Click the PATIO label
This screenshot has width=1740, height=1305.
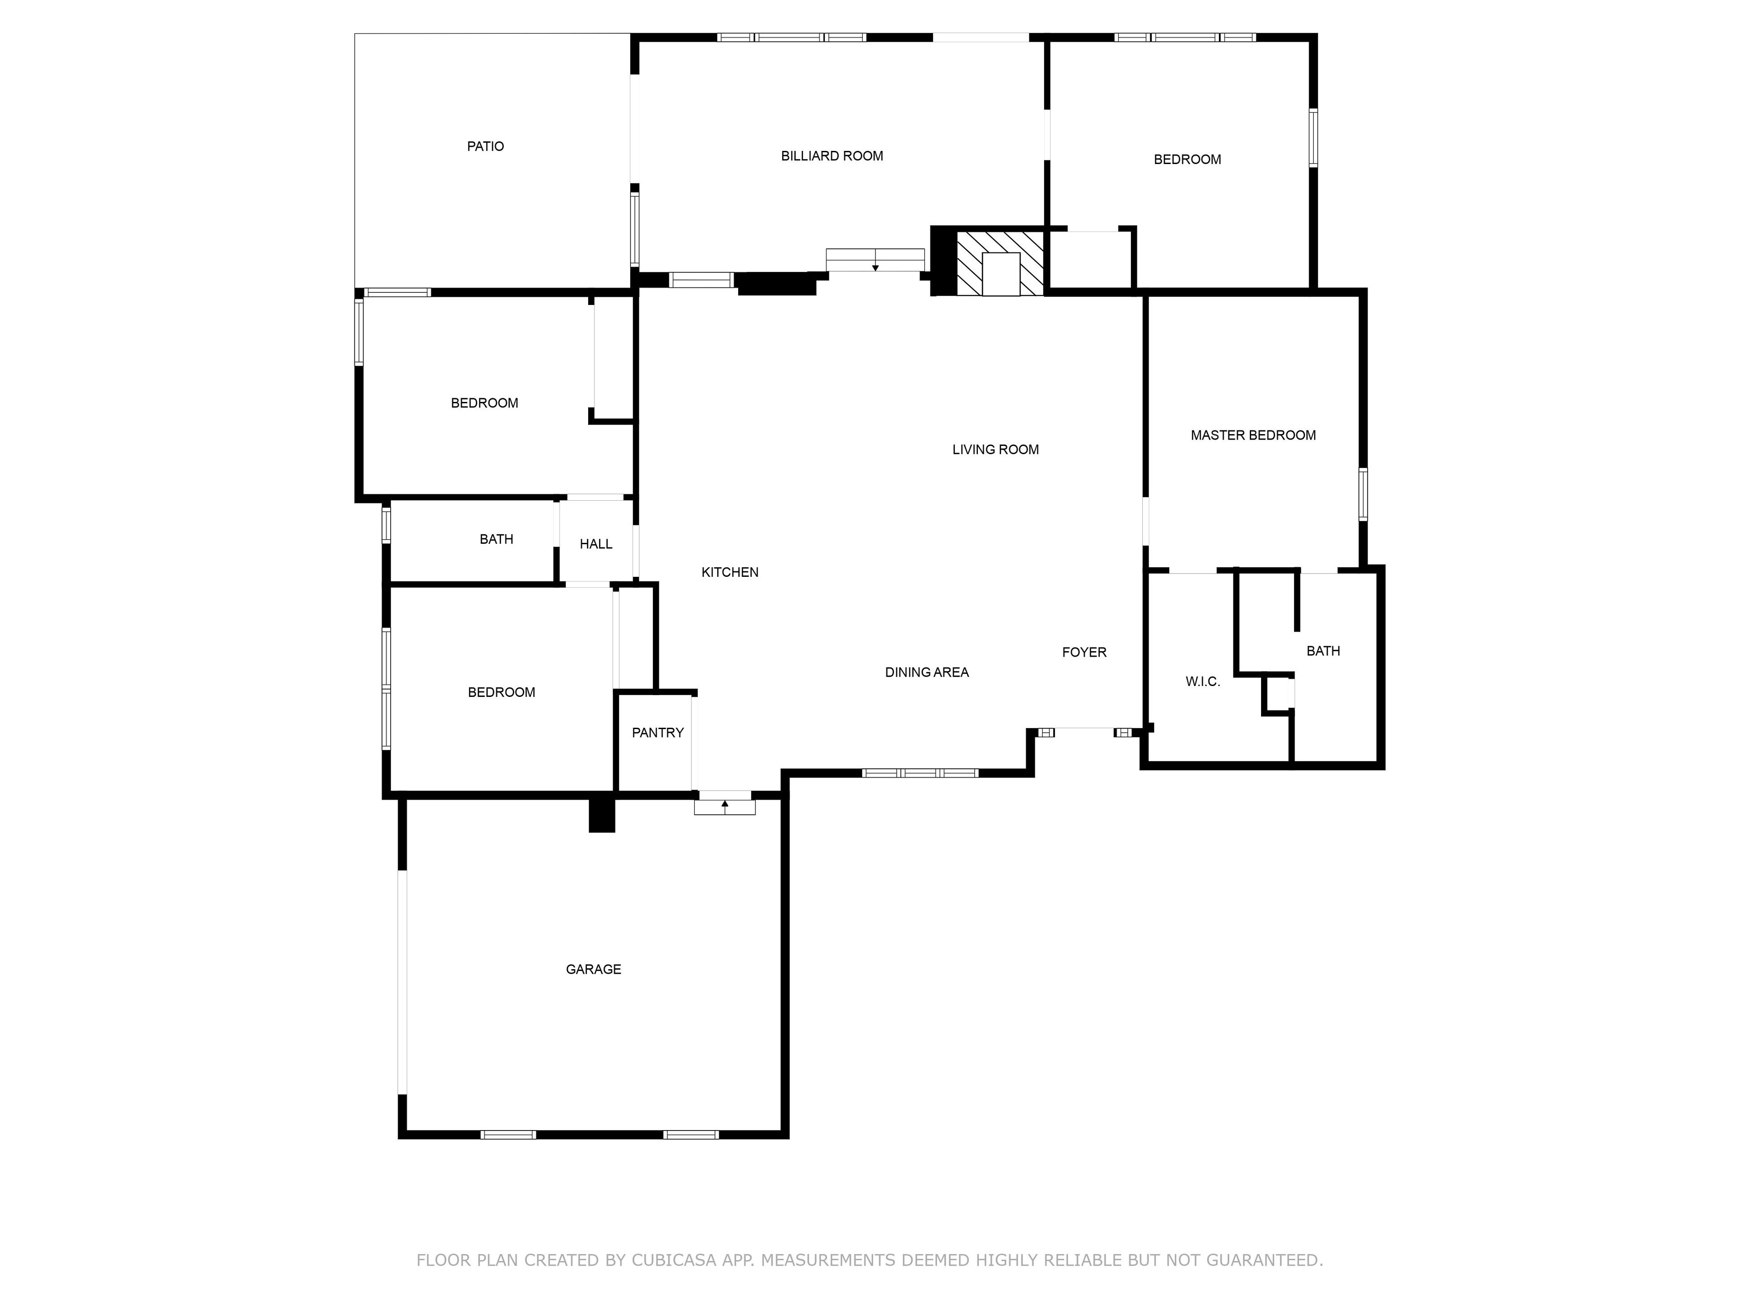click(485, 146)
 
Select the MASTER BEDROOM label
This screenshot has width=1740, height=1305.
click(1253, 435)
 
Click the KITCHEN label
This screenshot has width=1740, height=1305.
click(730, 572)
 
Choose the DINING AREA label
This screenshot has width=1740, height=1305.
click(927, 672)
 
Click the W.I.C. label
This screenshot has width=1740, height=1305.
click(1203, 681)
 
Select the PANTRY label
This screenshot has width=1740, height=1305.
click(657, 732)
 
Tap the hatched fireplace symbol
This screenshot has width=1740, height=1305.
click(1000, 264)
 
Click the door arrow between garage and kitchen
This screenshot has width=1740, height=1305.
click(725, 804)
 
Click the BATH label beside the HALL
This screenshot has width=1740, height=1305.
click(496, 539)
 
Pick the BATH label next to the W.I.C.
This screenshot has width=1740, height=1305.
click(1323, 651)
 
